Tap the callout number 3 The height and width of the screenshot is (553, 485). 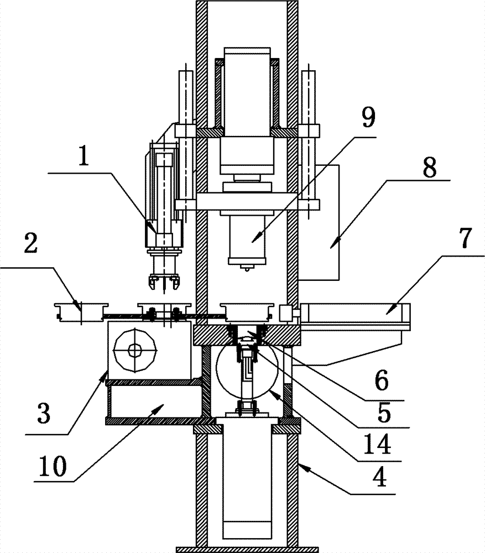(x=44, y=413)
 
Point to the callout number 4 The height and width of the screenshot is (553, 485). (x=379, y=477)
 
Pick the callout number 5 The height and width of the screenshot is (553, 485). (x=384, y=412)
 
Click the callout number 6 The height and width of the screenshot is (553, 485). (x=381, y=380)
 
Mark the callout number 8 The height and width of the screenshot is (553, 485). (x=430, y=167)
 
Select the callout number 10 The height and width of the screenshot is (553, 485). (x=53, y=466)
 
